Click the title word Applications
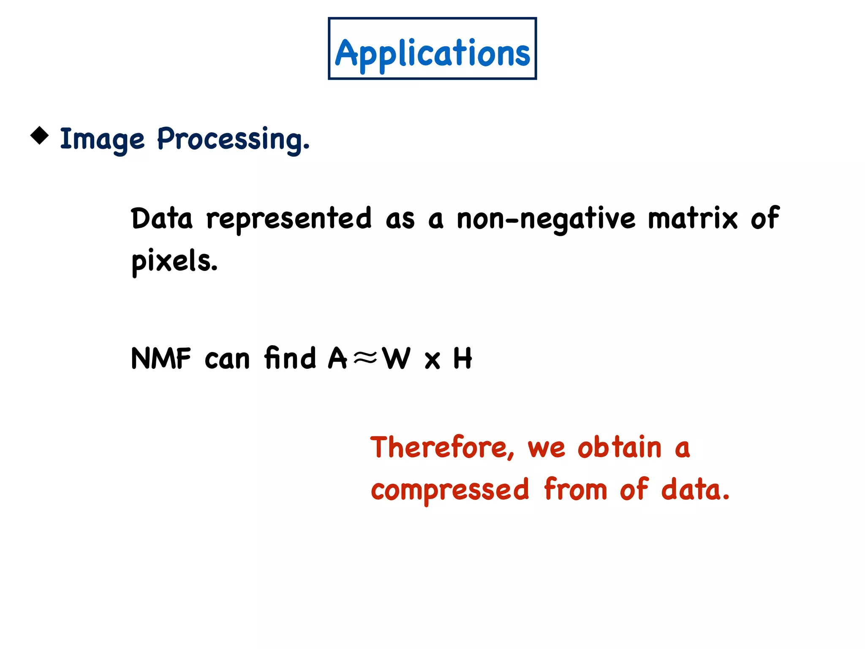pos(432,53)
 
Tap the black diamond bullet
pos(40,136)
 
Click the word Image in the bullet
pos(102,139)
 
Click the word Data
pos(162,219)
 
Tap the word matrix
pos(693,219)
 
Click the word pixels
pos(174,261)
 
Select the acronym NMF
pos(161,358)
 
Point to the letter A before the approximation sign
pos(337,358)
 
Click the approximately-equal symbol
pos(364,358)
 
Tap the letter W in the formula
pos(396,358)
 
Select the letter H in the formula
pos(462,358)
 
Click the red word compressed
pos(449,490)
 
